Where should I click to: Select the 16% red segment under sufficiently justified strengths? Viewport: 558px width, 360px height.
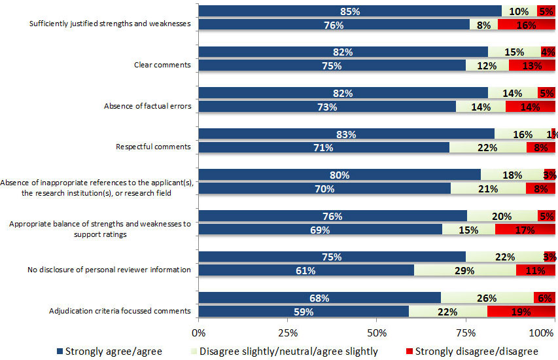(527, 25)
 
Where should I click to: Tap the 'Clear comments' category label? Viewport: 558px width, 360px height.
(162, 65)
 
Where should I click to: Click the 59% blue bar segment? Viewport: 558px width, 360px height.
(304, 312)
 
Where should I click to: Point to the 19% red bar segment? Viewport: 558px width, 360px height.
(521, 312)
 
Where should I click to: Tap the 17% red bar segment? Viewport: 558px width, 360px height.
(525, 230)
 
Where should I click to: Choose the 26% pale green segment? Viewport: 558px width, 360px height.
(487, 298)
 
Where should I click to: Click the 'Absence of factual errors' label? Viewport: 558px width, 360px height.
(148, 106)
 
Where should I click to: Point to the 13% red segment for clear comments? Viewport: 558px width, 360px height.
(532, 65)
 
